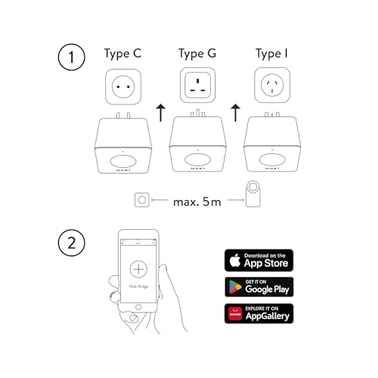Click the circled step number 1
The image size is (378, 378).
[73, 59]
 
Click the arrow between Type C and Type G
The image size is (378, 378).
[160, 114]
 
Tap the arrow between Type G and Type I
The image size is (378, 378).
[235, 114]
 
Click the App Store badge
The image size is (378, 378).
[259, 259]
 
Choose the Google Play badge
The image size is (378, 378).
[259, 287]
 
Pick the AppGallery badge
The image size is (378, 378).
[259, 313]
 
